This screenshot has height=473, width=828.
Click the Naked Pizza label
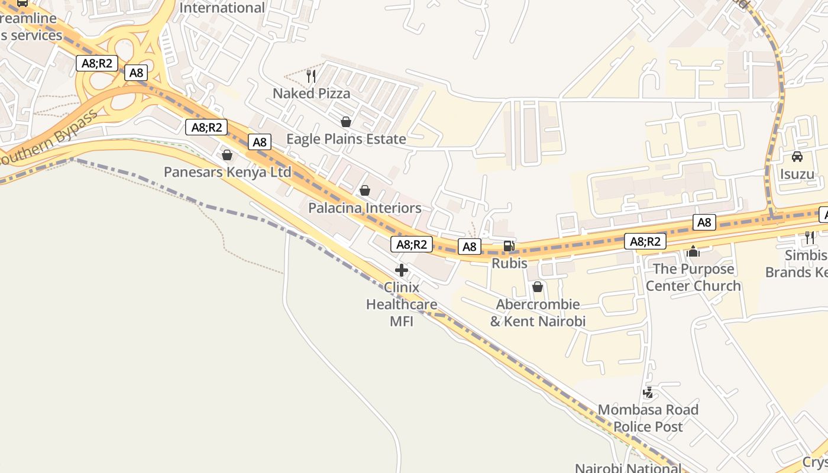311,93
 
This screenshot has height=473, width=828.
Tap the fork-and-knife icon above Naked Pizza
311,76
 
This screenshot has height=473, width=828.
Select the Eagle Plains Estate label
346,139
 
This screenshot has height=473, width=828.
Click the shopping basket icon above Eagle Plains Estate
346,122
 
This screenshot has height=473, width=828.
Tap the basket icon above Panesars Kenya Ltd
227,155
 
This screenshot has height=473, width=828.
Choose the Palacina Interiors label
364,208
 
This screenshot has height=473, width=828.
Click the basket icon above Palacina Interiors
365,190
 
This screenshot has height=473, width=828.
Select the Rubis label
509,263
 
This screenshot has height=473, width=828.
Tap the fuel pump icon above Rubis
509,246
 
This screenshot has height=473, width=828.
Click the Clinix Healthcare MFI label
402,304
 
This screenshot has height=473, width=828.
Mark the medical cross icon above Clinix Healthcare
402,271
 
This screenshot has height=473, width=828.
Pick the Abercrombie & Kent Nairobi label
538,313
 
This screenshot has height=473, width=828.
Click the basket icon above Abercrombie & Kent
538,287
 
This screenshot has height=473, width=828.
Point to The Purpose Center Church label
693,277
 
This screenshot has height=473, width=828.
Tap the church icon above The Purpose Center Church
693,252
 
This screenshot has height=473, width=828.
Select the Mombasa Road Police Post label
648,418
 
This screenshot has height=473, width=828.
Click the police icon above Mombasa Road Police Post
648,393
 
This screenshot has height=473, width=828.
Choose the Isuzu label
797,174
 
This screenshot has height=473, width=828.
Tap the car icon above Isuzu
797,157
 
